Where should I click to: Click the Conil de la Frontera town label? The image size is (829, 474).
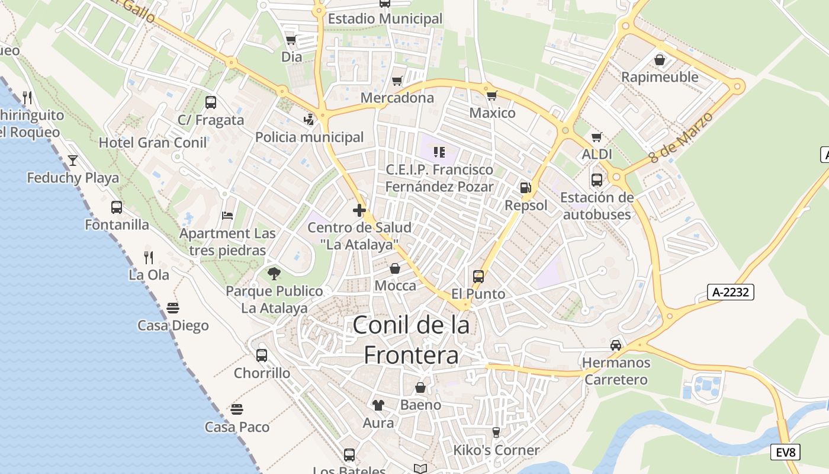pyautogui.click(x=412, y=340)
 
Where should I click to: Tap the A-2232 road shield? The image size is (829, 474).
pyautogui.click(x=730, y=292)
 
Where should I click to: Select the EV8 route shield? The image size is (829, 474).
pyautogui.click(x=786, y=452)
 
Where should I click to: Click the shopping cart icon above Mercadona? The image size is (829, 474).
pyautogui.click(x=397, y=80)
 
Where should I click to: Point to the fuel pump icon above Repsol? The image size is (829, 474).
pyautogui.click(x=525, y=188)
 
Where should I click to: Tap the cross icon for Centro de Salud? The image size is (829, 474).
pyautogui.click(x=359, y=210)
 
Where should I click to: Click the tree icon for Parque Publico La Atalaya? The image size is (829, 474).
pyautogui.click(x=274, y=273)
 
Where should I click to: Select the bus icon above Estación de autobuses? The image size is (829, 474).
pyautogui.click(x=596, y=180)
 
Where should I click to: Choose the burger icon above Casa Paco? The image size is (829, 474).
pyautogui.click(x=237, y=409)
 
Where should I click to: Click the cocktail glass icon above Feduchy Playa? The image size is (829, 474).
pyautogui.click(x=73, y=160)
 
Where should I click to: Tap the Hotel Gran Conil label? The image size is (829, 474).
pyautogui.click(x=153, y=143)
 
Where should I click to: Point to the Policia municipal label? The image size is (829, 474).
pyautogui.click(x=309, y=137)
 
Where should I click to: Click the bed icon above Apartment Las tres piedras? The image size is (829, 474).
pyautogui.click(x=227, y=215)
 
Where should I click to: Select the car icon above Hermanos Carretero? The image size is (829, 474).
pyautogui.click(x=616, y=345)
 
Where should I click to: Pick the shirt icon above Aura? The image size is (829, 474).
pyautogui.click(x=378, y=405)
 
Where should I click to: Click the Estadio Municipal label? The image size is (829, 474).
pyautogui.click(x=385, y=19)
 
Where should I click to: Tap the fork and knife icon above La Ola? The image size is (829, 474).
pyautogui.click(x=149, y=257)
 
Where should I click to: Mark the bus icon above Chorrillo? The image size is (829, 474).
pyautogui.click(x=261, y=355)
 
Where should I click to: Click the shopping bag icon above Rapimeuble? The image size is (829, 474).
pyautogui.click(x=659, y=60)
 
